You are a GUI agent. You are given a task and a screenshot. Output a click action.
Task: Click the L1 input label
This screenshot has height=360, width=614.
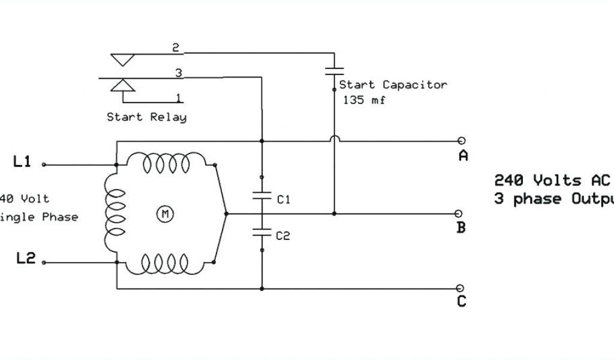(22, 161)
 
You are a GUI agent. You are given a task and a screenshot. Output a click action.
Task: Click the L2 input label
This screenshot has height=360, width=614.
(26, 259)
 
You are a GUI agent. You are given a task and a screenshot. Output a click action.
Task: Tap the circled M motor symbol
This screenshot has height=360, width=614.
(163, 212)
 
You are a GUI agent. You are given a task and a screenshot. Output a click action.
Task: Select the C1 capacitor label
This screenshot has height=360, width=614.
(284, 200)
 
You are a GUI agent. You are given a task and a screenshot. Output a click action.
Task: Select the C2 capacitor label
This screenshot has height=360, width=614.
(283, 236)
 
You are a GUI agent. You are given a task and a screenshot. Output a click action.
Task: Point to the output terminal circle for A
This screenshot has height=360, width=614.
(461, 142)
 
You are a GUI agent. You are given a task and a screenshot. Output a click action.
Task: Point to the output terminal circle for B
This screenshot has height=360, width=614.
(460, 213)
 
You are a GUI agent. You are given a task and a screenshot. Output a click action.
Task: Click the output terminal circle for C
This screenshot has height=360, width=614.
(460, 289)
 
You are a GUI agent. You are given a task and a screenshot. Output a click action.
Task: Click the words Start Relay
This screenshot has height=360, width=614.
(146, 117)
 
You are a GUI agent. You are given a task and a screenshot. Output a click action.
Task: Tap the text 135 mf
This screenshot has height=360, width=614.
(364, 100)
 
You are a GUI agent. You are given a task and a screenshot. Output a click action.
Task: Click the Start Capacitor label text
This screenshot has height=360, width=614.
(393, 85)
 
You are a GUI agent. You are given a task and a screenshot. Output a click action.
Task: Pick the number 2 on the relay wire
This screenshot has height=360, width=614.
(176, 48)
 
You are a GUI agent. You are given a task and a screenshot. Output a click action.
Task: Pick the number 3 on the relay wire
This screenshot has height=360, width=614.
(178, 73)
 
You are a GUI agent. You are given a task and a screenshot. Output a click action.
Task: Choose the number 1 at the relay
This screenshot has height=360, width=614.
(178, 97)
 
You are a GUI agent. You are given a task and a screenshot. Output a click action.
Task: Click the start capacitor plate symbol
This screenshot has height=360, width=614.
(334, 70)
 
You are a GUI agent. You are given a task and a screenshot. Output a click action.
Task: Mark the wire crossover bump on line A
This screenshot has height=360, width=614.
(334, 139)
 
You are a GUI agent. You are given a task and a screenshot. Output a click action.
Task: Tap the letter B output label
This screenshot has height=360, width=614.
(461, 228)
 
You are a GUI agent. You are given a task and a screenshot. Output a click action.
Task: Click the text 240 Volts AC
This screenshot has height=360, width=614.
(552, 179)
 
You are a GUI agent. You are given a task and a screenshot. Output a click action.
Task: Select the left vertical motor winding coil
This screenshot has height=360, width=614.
(111, 212)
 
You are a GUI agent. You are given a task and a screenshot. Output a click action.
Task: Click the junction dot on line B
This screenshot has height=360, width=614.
(334, 213)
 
